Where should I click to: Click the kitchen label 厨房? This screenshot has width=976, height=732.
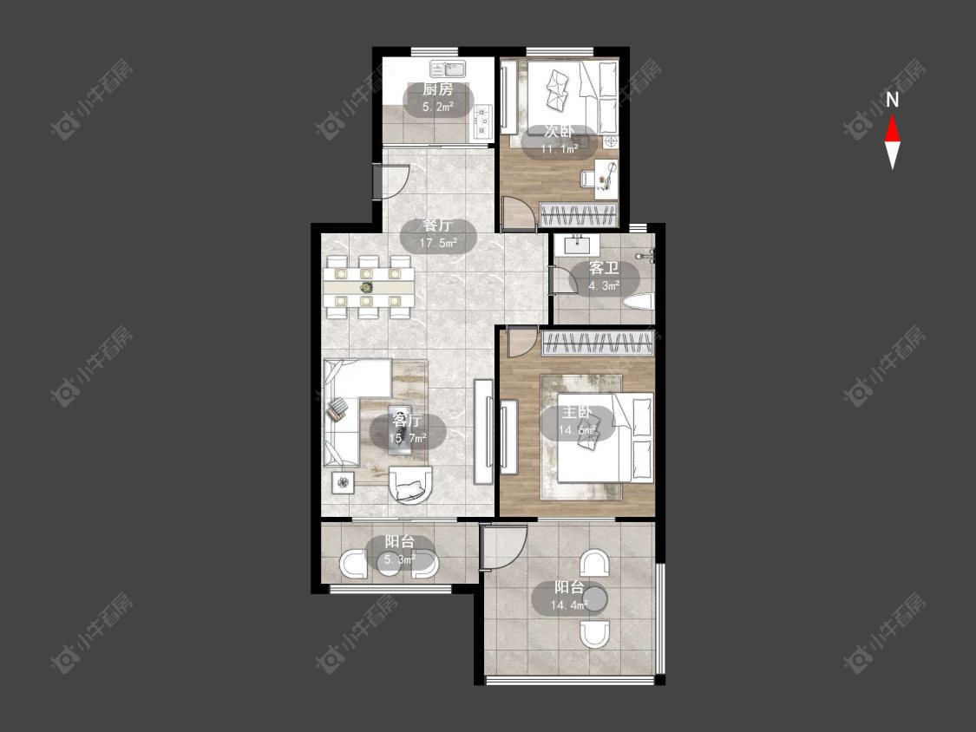437,89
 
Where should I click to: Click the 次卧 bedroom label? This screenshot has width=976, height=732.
560,132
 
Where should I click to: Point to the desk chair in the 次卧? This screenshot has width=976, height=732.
588,178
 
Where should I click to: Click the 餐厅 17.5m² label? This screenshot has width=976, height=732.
438,233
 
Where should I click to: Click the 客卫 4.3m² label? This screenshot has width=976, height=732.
604,277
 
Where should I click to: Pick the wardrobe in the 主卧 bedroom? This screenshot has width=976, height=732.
598,343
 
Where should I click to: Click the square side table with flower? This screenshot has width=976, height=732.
343,481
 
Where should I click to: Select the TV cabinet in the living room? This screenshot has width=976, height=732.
484,432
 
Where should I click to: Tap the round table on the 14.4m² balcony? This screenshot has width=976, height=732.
593,598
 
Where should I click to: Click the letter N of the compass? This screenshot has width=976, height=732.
893,100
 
